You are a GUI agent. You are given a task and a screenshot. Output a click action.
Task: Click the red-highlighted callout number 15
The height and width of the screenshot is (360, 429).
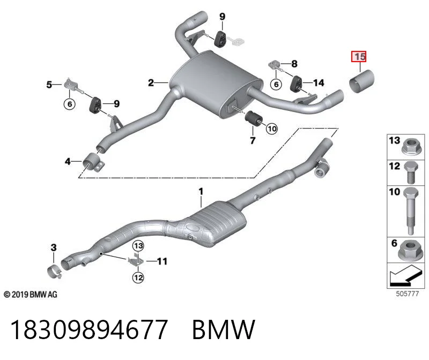point(359,57)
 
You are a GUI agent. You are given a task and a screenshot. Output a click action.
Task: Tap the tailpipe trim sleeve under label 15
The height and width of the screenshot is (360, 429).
point(362,81)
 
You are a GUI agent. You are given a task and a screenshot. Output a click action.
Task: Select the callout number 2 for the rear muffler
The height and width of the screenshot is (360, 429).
point(151,82)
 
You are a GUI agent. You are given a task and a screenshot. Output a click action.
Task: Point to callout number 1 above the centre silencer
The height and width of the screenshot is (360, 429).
point(201,191)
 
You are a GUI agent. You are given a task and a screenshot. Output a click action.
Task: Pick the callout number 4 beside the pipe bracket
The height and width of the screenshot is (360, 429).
point(68,162)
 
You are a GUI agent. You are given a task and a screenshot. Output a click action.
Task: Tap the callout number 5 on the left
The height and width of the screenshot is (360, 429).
point(49,85)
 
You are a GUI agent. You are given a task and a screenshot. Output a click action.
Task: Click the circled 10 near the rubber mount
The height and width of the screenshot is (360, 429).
point(272,129)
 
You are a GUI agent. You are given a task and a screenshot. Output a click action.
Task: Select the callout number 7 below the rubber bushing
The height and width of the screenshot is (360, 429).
point(253,140)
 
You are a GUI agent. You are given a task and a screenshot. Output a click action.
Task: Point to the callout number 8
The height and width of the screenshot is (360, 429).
point(294,64)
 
